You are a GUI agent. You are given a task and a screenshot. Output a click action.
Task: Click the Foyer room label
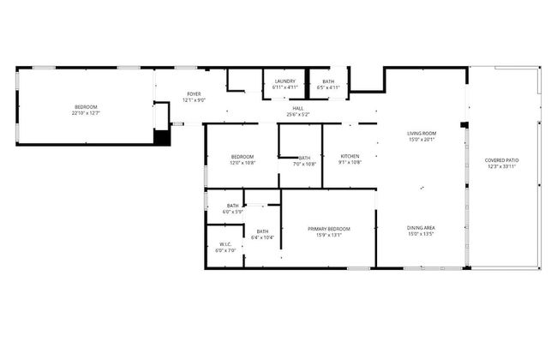pyautogui.click(x=195, y=94)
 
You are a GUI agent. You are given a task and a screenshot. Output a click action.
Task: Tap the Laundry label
pyautogui.click(x=285, y=81)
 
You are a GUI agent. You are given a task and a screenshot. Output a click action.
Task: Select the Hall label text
pyautogui.click(x=298, y=108)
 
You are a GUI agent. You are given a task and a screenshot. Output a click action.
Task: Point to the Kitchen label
pyautogui.click(x=350, y=156)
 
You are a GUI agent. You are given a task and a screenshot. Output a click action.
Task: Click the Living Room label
pyautogui.click(x=422, y=133)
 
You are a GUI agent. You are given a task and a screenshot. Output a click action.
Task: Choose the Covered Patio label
pyautogui.click(x=501, y=160)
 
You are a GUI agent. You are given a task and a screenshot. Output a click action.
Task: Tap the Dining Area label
pyautogui.click(x=422, y=227)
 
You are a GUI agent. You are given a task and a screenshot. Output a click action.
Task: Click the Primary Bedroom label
pyautogui.click(x=330, y=229)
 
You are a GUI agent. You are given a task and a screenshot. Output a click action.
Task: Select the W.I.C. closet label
pyautogui.click(x=225, y=245)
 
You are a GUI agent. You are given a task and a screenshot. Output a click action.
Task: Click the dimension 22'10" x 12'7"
pyautogui.click(x=86, y=112)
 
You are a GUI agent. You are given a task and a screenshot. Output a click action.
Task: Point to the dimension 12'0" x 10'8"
pyautogui.click(x=243, y=163)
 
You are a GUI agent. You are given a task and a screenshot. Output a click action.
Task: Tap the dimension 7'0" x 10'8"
pyautogui.click(x=304, y=164)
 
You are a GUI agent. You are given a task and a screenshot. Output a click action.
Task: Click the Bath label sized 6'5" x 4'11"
pyautogui.click(x=328, y=87)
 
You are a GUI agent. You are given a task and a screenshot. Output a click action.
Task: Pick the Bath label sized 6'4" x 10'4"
pyautogui.click(x=262, y=237)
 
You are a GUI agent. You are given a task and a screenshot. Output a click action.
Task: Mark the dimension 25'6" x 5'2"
pyautogui.click(x=298, y=114)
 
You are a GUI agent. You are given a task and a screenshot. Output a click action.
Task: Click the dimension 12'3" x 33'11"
pyautogui.click(x=501, y=166)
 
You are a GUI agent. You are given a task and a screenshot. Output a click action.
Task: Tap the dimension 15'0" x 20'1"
pyautogui.click(x=422, y=139)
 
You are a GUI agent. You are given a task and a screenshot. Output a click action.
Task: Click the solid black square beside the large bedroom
pyautogui.click(x=162, y=135)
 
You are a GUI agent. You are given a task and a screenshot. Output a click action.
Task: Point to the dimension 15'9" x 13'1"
pyautogui.click(x=330, y=235)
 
